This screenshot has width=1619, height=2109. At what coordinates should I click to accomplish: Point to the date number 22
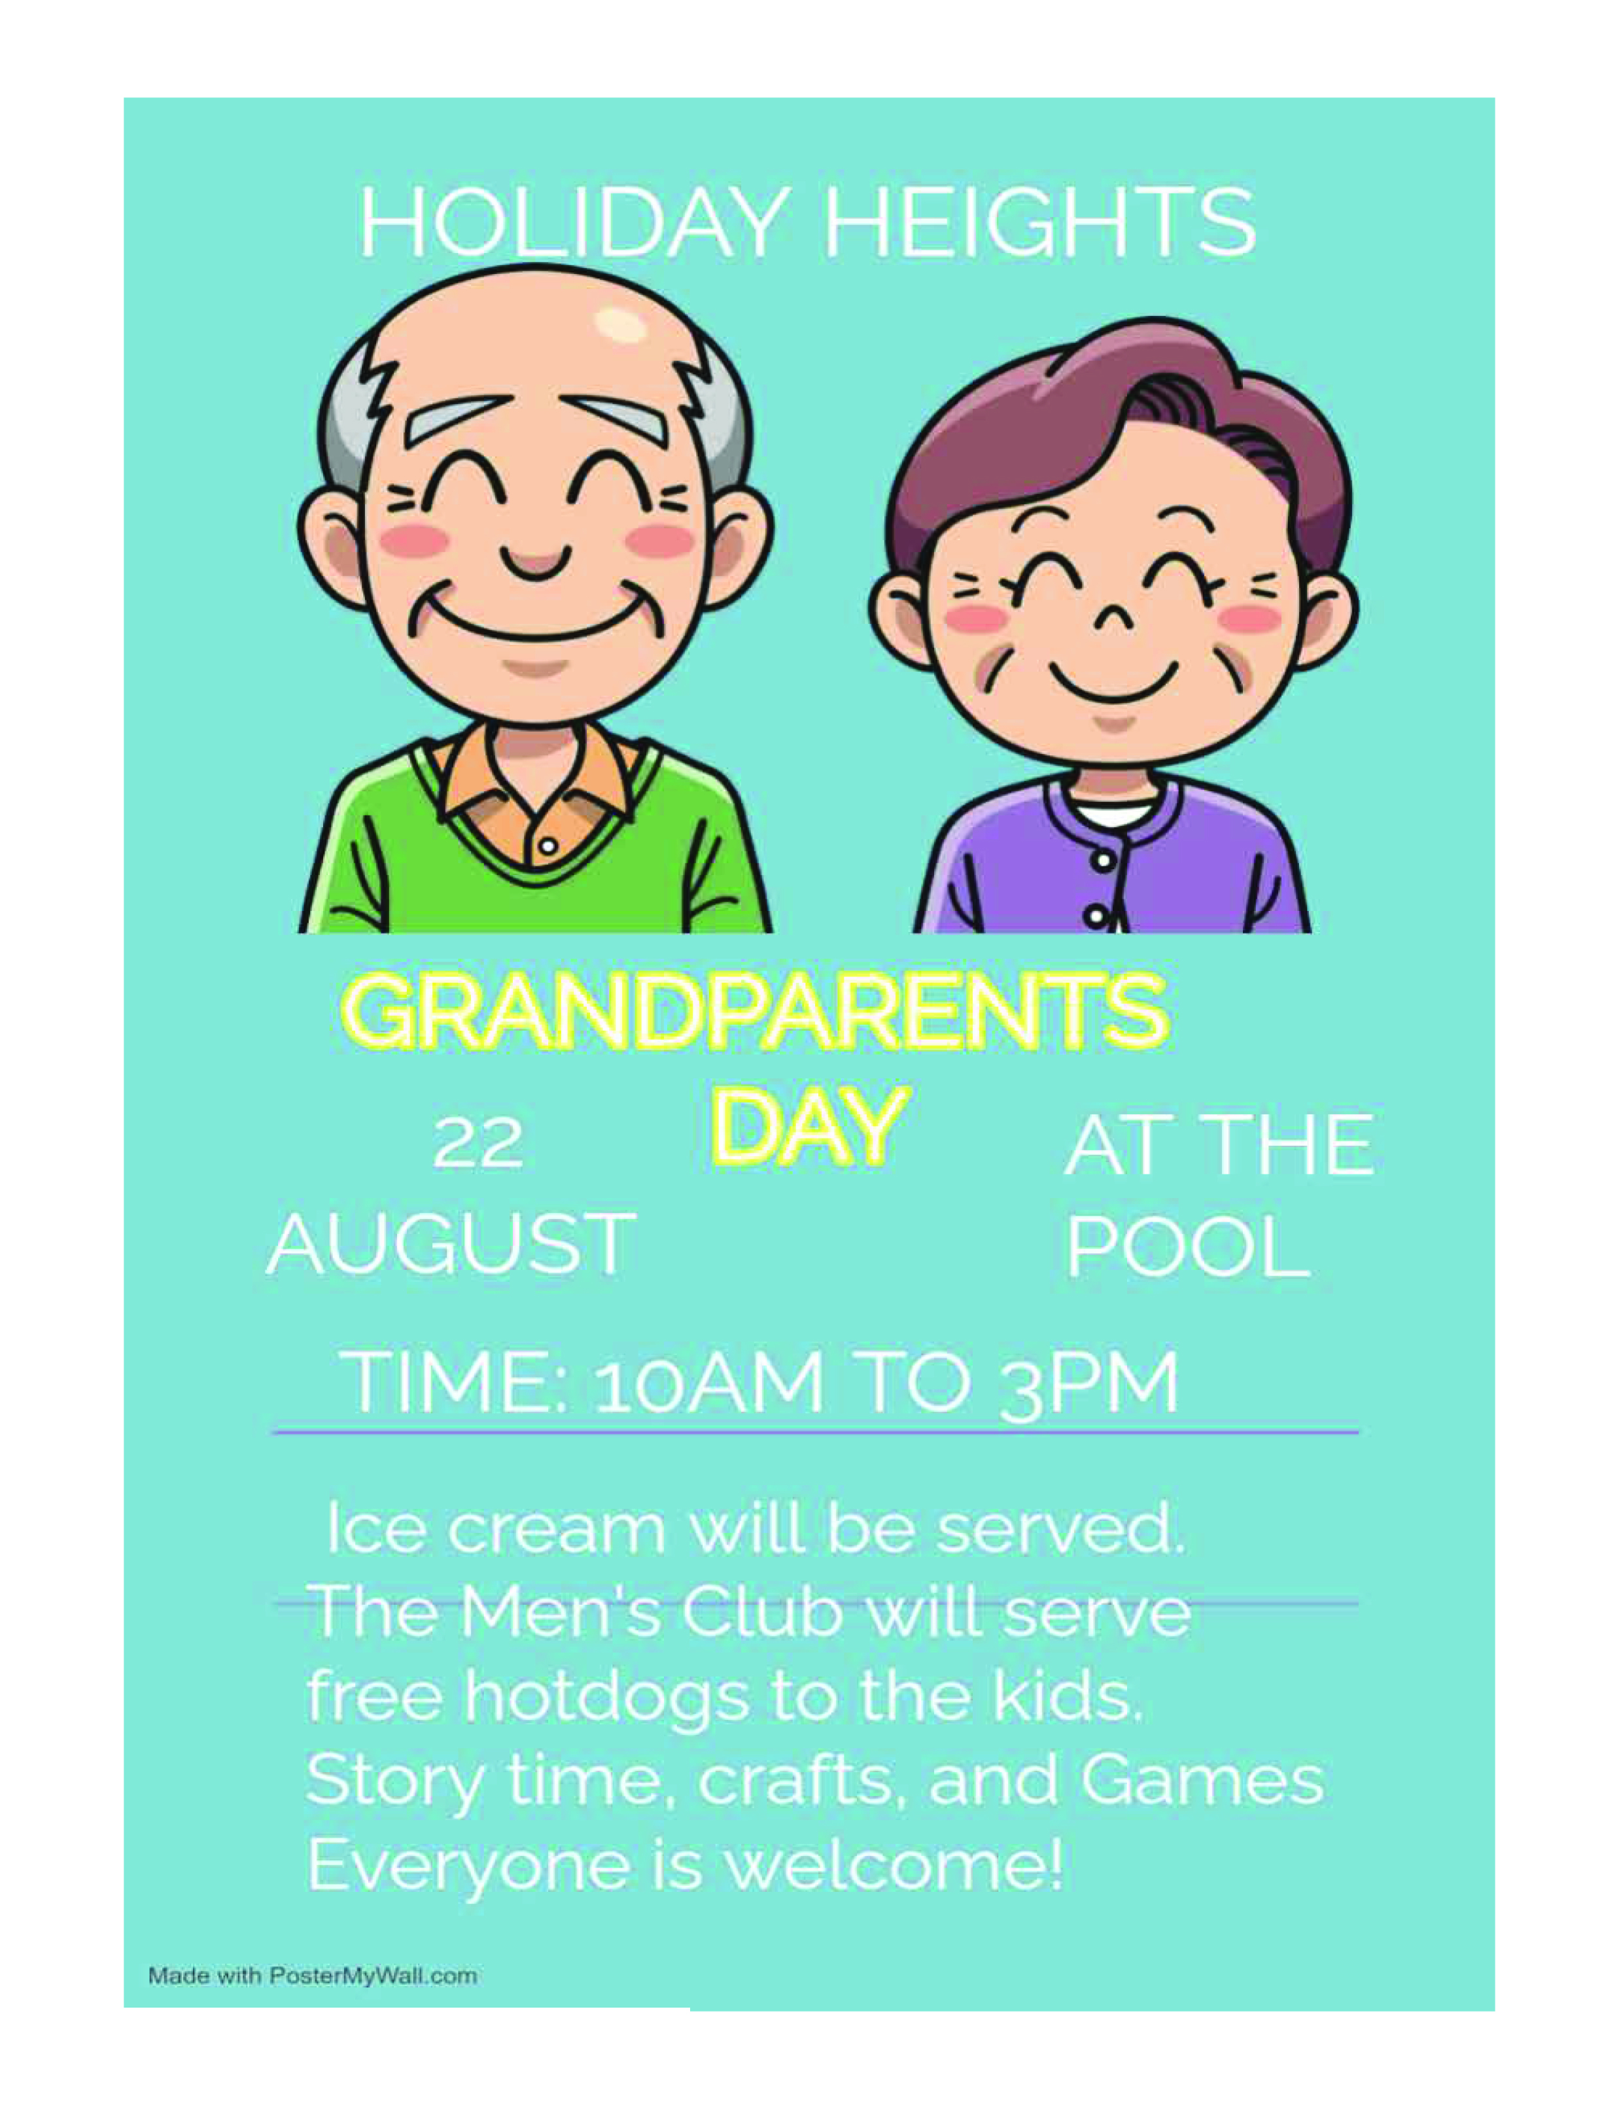[x=478, y=1144]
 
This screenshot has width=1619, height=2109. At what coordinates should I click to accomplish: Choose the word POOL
[x=1188, y=1246]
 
